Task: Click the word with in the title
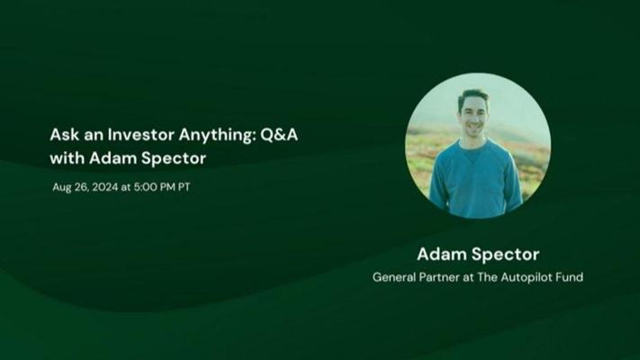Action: (x=65, y=158)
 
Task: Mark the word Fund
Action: (x=570, y=277)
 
